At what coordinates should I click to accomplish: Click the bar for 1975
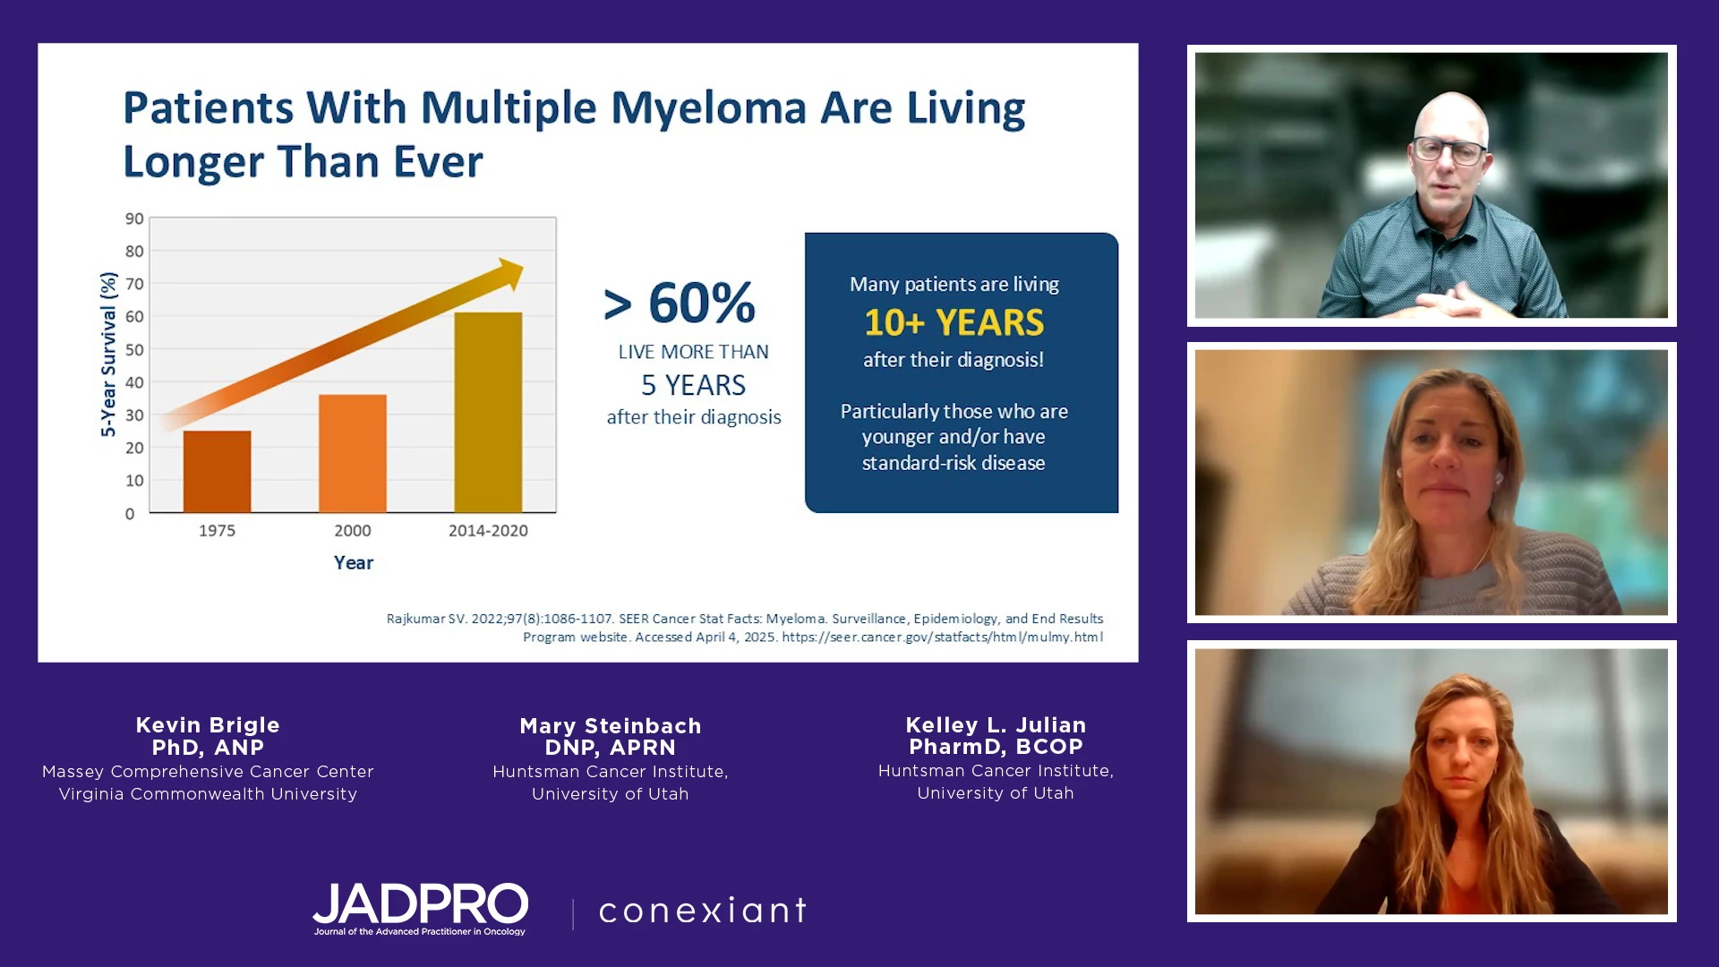tap(217, 472)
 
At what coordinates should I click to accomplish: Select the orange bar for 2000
tap(353, 454)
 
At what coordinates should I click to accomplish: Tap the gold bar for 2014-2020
tap(488, 413)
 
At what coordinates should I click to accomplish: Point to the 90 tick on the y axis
tap(134, 218)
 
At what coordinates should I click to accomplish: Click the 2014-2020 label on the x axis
tap(488, 530)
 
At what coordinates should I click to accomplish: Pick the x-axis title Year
tap(354, 562)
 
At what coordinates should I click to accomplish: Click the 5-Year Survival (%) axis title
tap(108, 355)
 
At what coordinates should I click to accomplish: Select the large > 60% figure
tap(680, 303)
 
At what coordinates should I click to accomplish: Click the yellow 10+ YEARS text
tap(954, 322)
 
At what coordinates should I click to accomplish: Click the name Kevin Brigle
tap(208, 725)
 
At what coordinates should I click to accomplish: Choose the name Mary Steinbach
tap(611, 726)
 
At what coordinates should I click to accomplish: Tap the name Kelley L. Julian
tap(996, 725)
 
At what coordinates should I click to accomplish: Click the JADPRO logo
tap(420, 908)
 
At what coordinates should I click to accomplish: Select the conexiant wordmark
tap(703, 911)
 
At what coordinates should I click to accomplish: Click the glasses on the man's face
tap(1448, 150)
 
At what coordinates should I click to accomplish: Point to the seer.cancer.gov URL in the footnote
tap(942, 638)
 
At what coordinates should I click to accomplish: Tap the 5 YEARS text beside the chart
tap(693, 385)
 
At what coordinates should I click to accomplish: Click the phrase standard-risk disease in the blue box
tap(954, 463)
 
